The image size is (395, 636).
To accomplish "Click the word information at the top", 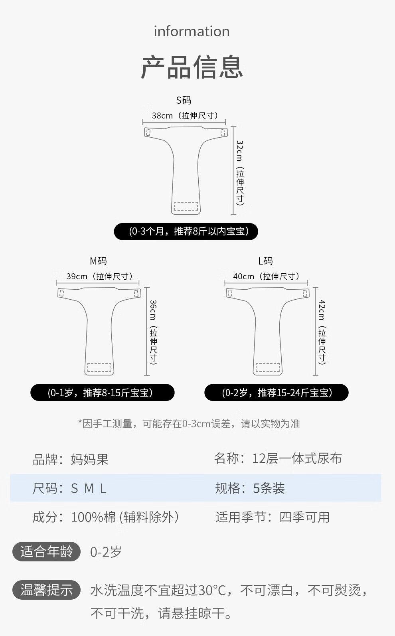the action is click(192, 31).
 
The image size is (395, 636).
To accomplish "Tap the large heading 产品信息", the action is click(192, 67).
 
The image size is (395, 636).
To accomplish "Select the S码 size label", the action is click(184, 100).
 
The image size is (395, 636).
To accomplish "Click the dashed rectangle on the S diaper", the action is click(186, 206).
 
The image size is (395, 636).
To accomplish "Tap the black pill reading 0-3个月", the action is click(186, 231).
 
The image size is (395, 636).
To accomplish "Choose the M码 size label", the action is click(98, 261).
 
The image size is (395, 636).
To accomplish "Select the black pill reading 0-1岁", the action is click(103, 392).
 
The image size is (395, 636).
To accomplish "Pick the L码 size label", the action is click(265, 261).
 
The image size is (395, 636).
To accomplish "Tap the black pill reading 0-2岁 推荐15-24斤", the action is click(276, 392).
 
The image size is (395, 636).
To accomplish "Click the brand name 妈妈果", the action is click(90, 459).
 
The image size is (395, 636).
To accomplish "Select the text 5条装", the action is click(269, 488).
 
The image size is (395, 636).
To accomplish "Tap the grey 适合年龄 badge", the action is click(47, 552).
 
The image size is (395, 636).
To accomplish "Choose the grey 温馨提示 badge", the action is click(47, 590).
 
